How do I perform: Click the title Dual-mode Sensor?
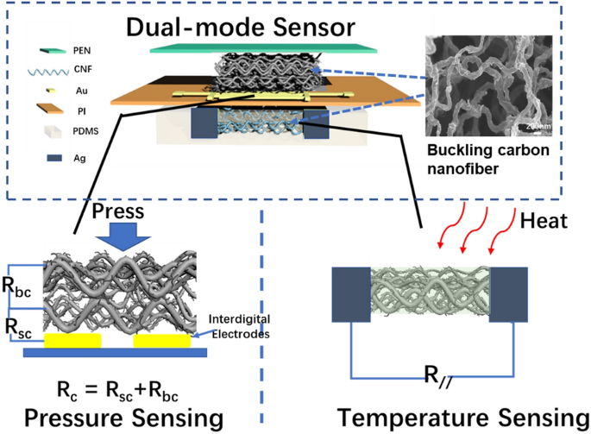coord(242,27)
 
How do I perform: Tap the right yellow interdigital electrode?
coord(161,342)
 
